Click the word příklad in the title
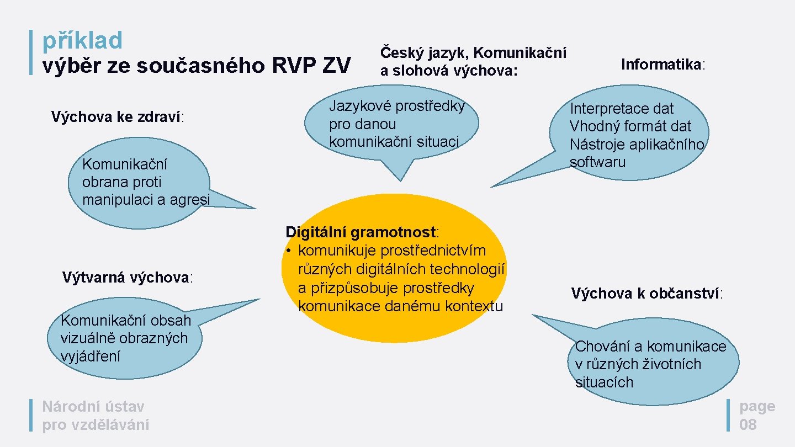82,41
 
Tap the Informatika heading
662,65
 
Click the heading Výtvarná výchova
127,277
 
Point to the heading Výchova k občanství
646,294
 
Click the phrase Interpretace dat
622,109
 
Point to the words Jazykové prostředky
397,106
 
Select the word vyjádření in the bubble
91,356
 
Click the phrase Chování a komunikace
650,347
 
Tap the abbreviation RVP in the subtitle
295,66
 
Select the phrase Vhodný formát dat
630,126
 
